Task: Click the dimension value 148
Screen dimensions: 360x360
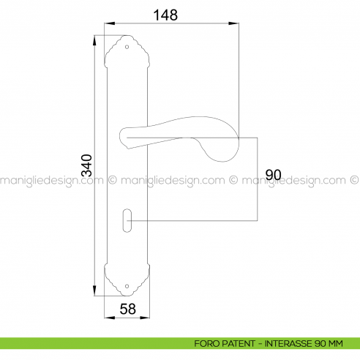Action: tap(167, 14)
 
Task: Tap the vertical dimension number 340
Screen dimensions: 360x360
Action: tap(86, 165)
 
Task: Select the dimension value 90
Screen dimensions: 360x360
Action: tap(274, 175)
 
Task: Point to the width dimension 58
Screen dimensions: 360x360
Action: tap(127, 309)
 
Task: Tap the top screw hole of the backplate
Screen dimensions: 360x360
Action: tap(127, 48)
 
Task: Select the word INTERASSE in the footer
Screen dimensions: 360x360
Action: tap(289, 342)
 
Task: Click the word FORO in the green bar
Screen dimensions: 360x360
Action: tap(207, 342)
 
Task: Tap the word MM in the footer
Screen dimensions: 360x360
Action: tap(335, 342)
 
